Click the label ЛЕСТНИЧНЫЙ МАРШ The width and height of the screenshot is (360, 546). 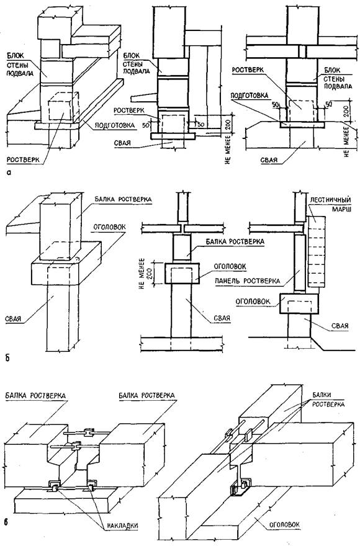pyautogui.click(x=333, y=204)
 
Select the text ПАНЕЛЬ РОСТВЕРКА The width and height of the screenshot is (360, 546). pyautogui.click(x=247, y=280)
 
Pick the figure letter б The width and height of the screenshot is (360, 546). pyautogui.click(x=7, y=357)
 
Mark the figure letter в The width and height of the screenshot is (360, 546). pyautogui.click(x=7, y=522)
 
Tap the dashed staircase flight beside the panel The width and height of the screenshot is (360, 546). pyautogui.click(x=317, y=251)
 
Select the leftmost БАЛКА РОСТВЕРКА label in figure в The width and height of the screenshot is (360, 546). pyautogui.click(x=35, y=395)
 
